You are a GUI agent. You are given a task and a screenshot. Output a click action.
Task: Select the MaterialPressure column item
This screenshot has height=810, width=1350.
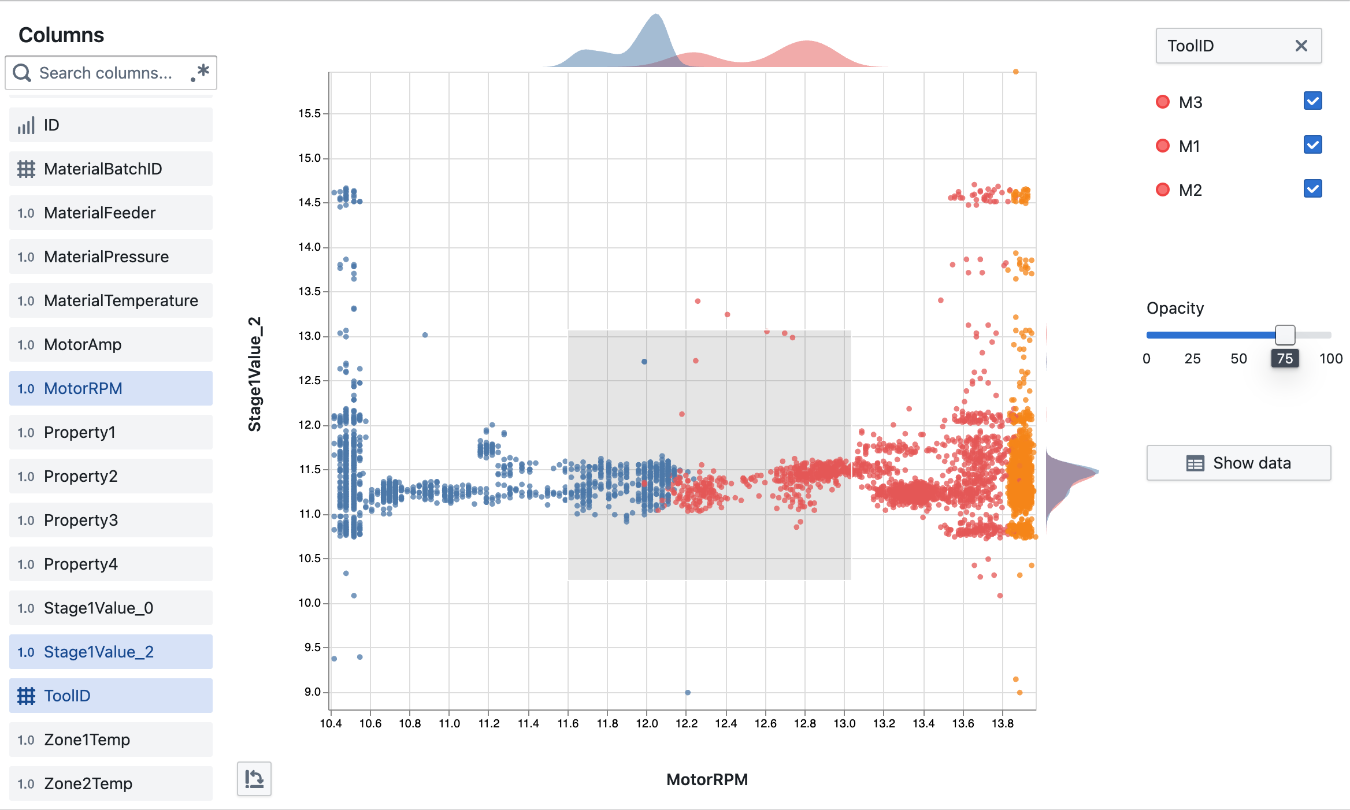click(x=110, y=257)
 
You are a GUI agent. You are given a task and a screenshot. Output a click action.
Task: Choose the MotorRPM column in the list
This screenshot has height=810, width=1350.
click(x=110, y=388)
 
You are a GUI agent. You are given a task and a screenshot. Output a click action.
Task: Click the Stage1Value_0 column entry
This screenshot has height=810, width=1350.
click(x=110, y=608)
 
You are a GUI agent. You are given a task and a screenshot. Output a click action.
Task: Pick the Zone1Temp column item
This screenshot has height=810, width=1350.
click(x=110, y=740)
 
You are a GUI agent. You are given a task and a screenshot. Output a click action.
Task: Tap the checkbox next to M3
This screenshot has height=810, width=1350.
click(x=1312, y=101)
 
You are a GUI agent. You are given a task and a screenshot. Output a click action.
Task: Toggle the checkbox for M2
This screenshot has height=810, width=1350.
click(x=1312, y=189)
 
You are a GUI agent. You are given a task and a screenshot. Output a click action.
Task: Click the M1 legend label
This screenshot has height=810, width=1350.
click(x=1189, y=146)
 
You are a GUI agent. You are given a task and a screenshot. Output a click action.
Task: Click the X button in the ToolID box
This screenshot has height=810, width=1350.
click(x=1301, y=46)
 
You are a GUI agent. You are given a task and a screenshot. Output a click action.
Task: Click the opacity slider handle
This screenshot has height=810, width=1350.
click(x=1285, y=335)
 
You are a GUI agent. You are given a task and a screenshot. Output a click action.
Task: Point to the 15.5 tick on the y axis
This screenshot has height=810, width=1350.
click(x=309, y=114)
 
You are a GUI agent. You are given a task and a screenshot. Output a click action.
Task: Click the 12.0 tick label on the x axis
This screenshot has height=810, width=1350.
click(x=647, y=723)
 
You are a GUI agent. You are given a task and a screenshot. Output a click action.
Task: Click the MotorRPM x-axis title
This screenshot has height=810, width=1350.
click(x=706, y=779)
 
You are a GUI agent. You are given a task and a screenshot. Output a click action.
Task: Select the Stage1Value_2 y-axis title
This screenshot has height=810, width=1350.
click(x=255, y=374)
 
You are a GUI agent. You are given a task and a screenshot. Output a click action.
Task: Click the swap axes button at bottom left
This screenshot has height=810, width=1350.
click(x=254, y=779)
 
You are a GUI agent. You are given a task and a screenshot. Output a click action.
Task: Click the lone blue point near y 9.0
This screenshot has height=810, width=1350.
click(x=687, y=692)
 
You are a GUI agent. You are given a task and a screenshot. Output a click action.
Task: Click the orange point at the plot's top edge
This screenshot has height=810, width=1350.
click(x=1015, y=72)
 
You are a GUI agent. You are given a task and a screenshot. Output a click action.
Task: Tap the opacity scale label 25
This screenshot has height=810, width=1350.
click(x=1192, y=359)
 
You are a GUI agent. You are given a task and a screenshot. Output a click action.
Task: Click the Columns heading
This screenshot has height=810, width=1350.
click(x=61, y=35)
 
